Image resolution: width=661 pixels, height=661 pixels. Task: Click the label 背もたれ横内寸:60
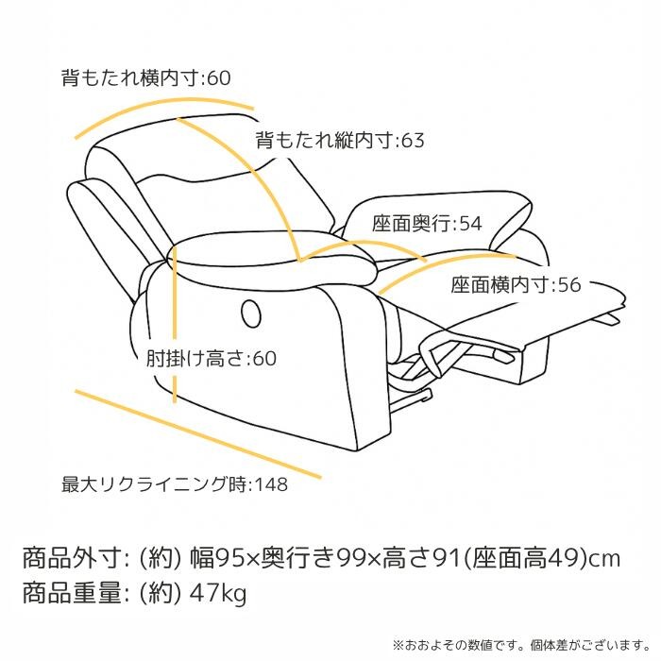pos(145,78)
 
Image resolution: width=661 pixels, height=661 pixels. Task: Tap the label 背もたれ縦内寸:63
pos(340,141)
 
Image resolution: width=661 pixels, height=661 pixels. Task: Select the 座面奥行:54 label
pos(427,224)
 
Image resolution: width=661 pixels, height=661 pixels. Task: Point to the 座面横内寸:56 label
pos(516,284)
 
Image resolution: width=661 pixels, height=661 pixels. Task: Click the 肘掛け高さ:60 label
pos(212,359)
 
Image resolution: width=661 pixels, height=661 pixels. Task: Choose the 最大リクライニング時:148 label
pos(175,484)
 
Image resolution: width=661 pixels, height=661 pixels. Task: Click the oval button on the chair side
pos(251,314)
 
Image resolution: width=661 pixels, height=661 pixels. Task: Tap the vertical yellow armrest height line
pos(175,325)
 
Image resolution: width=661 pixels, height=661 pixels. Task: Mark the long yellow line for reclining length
pos(197,434)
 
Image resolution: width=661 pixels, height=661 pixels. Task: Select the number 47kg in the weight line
pos(218,594)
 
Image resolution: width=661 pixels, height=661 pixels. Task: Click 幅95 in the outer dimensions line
pos(217,559)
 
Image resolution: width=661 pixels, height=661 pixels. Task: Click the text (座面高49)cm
pos(542,559)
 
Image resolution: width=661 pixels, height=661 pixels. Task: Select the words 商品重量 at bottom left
pos(72,594)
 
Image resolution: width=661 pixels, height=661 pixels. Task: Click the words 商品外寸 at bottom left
pos(72,559)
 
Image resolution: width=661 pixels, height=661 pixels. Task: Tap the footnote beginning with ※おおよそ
pos(521,645)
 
